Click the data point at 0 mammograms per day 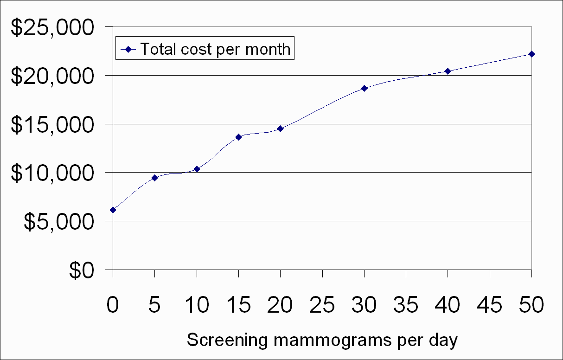(x=113, y=210)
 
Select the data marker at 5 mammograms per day (x=155, y=178)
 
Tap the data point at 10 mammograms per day (x=197, y=169)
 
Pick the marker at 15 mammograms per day (x=238, y=137)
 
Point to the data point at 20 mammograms (x=280, y=129)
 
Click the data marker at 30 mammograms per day (x=364, y=88)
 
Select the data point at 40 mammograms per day (x=448, y=71)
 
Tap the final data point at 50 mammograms (x=531, y=54)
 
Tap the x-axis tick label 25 (x=322, y=306)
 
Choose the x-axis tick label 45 (x=490, y=306)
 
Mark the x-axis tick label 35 (x=406, y=306)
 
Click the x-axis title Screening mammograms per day (x=322, y=341)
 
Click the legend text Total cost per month (x=215, y=49)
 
